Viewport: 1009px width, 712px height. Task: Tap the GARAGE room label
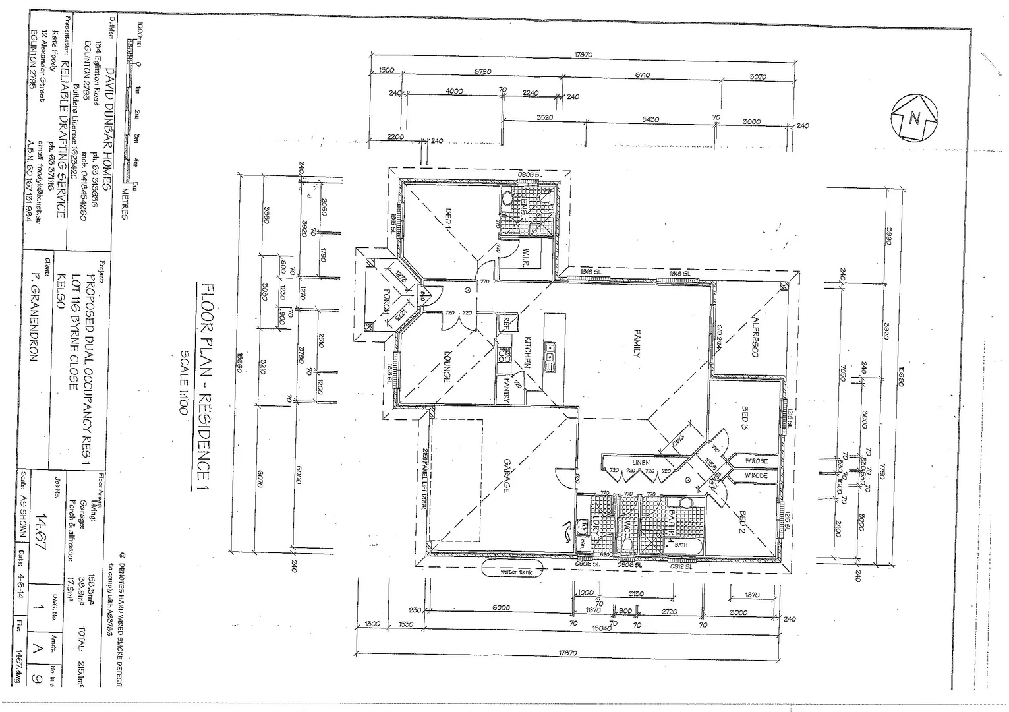pyautogui.click(x=507, y=475)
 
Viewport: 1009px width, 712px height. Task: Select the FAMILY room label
pyautogui.click(x=637, y=343)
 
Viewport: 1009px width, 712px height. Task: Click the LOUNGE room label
pyautogui.click(x=446, y=366)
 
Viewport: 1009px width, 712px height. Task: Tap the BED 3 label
pyautogui.click(x=745, y=417)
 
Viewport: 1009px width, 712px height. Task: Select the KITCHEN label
pyautogui.click(x=527, y=351)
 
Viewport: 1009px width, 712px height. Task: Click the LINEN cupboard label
pyautogui.click(x=641, y=463)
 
